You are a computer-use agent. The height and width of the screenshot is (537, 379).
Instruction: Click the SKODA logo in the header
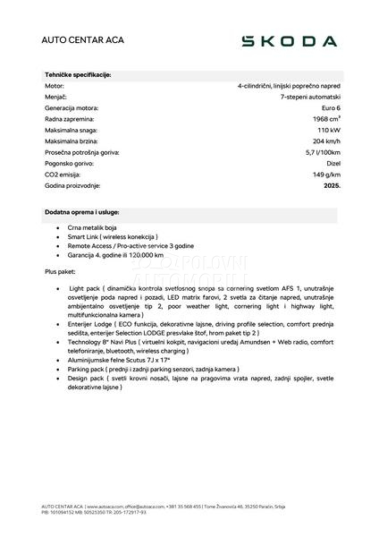pyautogui.click(x=291, y=41)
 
